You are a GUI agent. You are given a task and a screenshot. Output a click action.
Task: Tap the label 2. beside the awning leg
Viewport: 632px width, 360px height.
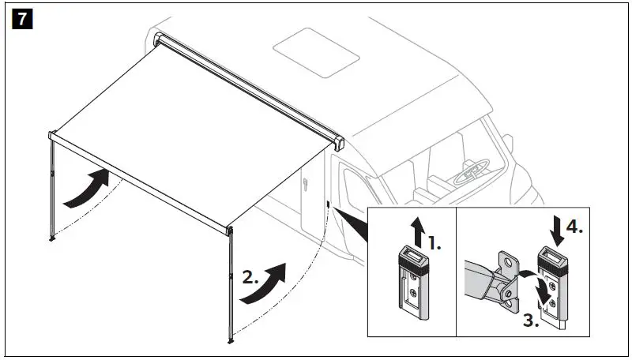click(x=250, y=278)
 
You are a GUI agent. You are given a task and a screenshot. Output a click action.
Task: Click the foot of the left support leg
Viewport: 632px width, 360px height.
click(x=52, y=238)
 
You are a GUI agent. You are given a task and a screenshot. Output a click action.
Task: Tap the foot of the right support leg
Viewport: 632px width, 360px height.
click(x=231, y=340)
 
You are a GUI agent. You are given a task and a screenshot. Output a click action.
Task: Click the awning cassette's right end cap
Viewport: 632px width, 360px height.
click(x=340, y=144)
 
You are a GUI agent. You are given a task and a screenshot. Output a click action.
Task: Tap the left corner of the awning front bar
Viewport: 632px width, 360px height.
click(x=52, y=136)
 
